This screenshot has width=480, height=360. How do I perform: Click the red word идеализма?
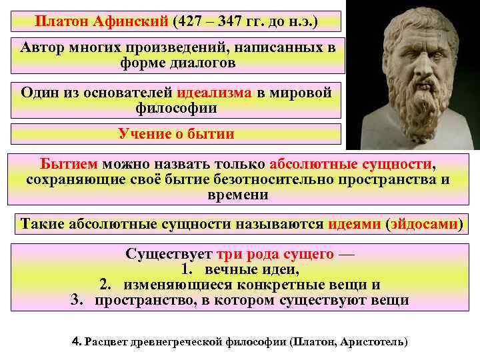[x=215, y=93]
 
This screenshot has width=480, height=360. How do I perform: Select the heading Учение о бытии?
[x=176, y=133]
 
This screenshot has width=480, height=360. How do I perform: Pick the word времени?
[x=238, y=195]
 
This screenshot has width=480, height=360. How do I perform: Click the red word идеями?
[x=355, y=223]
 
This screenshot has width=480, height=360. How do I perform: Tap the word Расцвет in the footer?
[x=109, y=341]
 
